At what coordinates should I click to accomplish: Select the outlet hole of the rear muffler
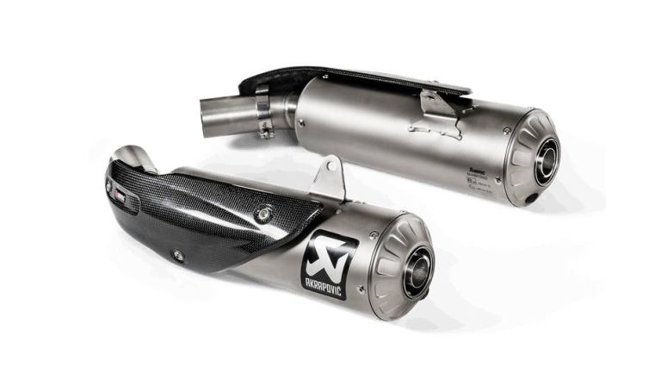[546, 162]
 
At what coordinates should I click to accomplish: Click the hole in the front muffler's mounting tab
[330, 168]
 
